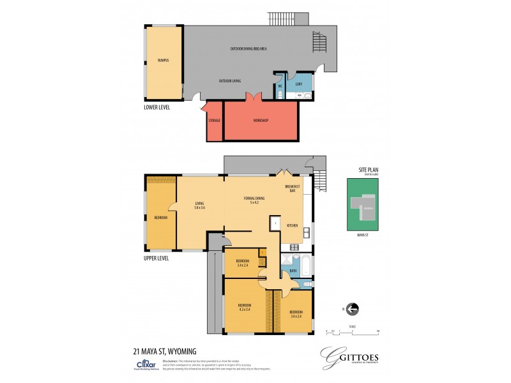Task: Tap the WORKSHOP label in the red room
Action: point(260,121)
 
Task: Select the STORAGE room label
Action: point(214,121)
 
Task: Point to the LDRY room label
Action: point(299,84)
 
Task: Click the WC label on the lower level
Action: point(280,86)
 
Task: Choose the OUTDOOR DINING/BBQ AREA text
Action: point(249,49)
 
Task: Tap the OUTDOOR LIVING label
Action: point(229,81)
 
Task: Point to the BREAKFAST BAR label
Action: point(293,189)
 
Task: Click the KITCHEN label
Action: point(292,225)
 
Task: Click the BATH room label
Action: point(293,271)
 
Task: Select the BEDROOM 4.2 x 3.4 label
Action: point(246,307)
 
